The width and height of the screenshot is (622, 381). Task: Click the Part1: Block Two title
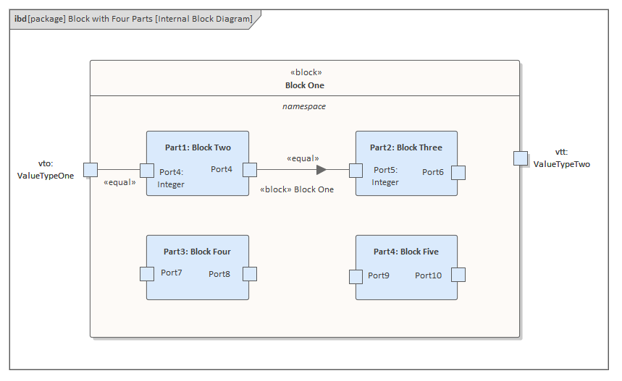[198, 147]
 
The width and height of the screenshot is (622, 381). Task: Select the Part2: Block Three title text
[405, 147]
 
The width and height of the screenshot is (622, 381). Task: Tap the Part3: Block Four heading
[197, 252]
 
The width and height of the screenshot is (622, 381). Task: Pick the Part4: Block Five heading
[405, 252]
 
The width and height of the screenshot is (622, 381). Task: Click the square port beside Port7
[147, 273]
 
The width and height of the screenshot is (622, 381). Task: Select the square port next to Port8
[249, 274]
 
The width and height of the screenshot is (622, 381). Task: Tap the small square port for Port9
[356, 276]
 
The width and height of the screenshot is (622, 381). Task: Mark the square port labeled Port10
[458, 275]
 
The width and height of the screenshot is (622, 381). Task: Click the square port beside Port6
[458, 172]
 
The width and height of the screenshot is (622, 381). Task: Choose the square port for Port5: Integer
[356, 171]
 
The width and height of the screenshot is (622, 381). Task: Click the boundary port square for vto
[90, 170]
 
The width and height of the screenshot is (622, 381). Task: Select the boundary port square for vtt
[521, 158]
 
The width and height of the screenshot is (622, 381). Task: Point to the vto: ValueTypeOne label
[46, 170]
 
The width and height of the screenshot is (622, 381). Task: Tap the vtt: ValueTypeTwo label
[561, 158]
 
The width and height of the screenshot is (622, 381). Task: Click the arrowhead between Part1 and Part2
[321, 170]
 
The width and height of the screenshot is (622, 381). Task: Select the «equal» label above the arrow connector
[303, 158]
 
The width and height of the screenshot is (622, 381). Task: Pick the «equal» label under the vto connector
[120, 182]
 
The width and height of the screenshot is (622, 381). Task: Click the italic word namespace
[304, 106]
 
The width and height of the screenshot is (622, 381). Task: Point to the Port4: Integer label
[171, 178]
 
